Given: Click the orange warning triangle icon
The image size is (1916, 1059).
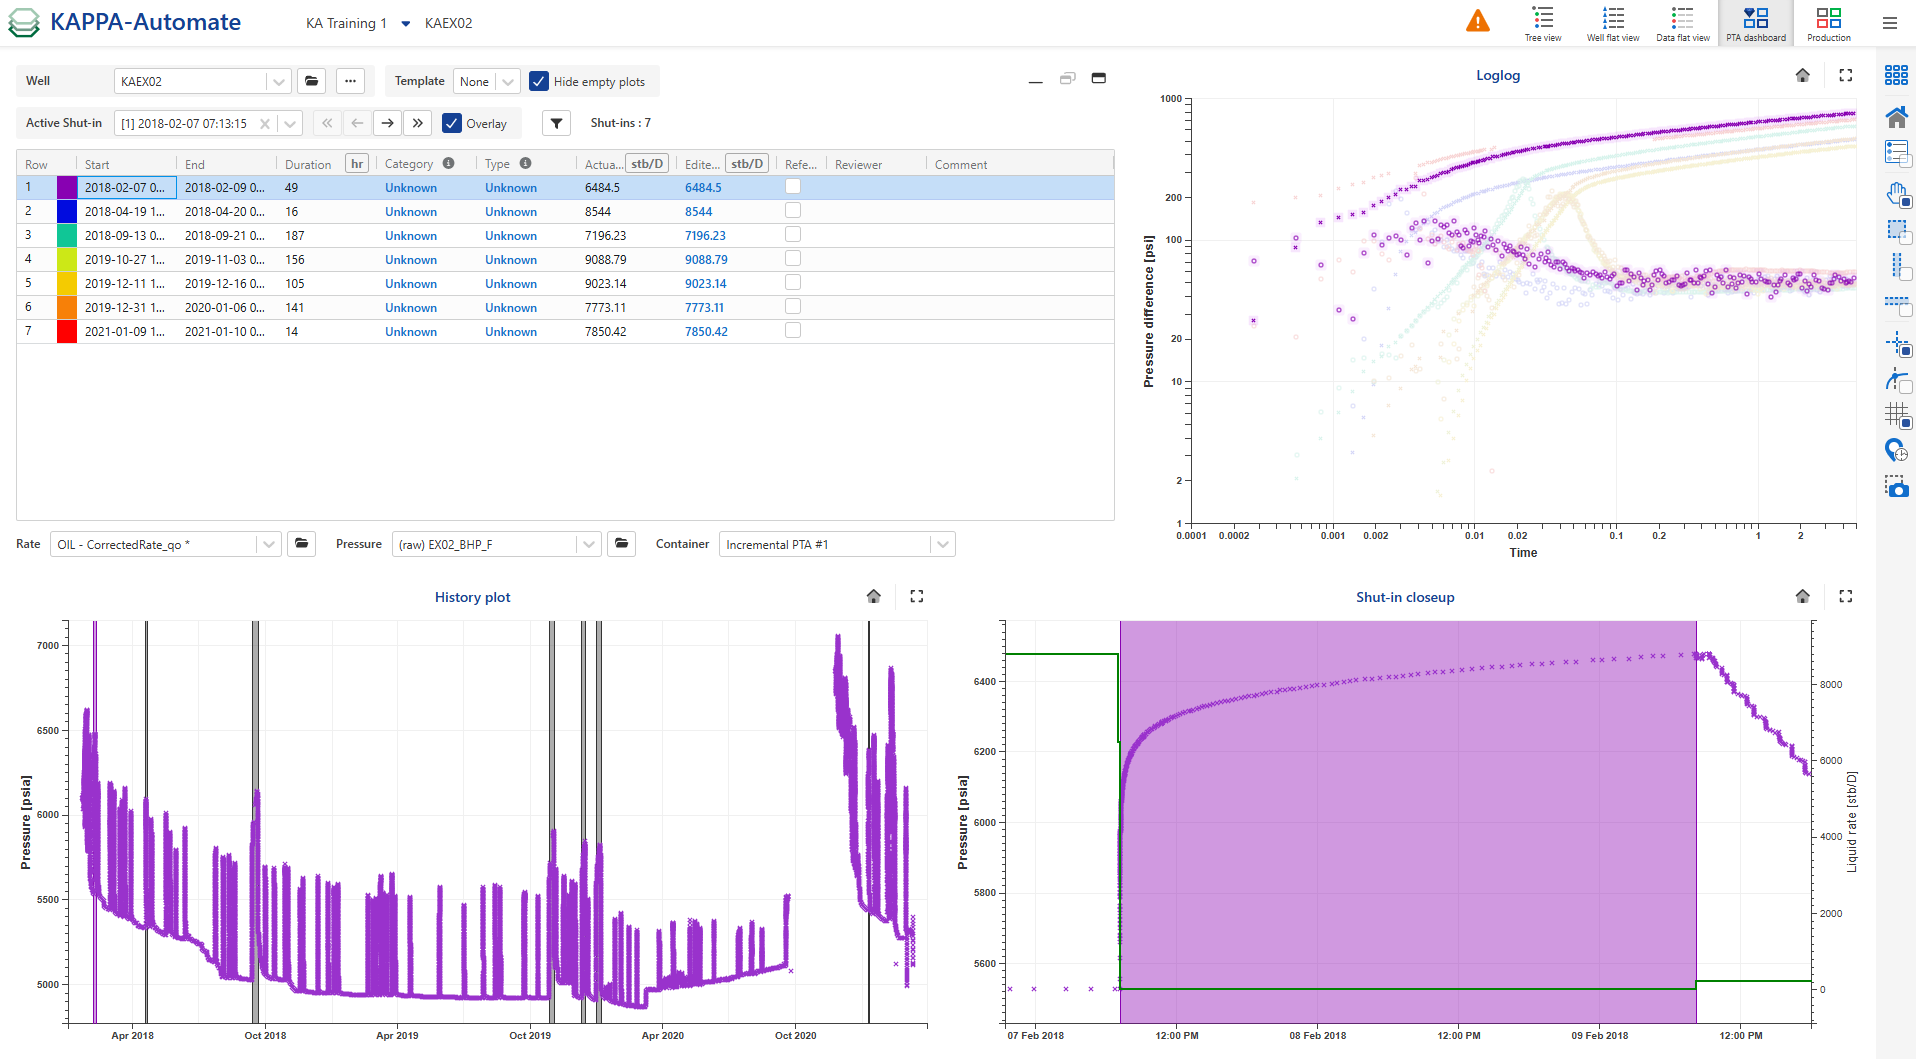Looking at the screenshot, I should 1477,21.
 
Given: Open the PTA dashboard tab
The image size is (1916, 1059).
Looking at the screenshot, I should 1755,23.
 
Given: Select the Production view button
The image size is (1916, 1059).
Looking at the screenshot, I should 1828,23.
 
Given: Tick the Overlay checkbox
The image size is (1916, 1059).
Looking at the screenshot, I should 452,123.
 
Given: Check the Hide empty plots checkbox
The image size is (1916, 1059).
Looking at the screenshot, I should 539,81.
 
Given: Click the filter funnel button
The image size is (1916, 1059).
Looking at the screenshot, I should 557,123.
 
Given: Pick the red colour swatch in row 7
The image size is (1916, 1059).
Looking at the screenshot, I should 67,332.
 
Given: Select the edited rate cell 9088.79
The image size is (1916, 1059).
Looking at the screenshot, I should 706,260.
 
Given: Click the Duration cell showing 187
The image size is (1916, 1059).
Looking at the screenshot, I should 295,236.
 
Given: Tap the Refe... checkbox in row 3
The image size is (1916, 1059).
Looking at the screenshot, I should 793,234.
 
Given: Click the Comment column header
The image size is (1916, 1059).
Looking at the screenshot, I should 961,165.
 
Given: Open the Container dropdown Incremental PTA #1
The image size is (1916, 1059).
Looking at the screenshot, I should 836,544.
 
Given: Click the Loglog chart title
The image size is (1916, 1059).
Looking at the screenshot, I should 1497,75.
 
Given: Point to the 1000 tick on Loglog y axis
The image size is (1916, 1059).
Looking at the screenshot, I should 1171,99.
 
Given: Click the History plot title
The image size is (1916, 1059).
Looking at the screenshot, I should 472,597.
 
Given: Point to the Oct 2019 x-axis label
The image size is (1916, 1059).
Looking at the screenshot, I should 530,1035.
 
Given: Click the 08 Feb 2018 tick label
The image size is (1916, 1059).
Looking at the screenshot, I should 1317,1035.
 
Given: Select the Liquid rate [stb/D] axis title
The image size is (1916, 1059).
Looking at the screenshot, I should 1852,821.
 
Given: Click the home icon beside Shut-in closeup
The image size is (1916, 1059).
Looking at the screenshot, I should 1802,596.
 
